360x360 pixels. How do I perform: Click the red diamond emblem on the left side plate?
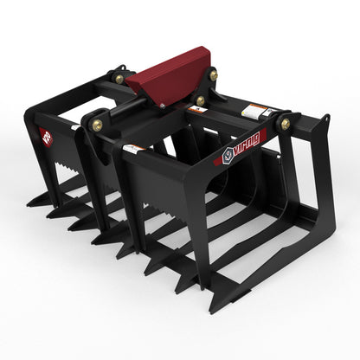[46, 137]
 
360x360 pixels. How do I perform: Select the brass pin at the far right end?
[286, 124]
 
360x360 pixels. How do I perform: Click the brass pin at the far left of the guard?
[119, 79]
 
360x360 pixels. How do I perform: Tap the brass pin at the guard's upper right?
[213, 75]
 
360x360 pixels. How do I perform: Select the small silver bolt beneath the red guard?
[160, 105]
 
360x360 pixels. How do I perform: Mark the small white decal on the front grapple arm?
[133, 149]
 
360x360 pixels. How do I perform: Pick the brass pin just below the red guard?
[200, 100]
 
